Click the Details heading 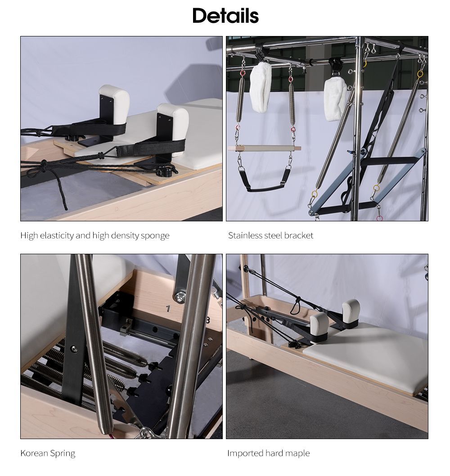[225, 16]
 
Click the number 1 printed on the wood [168, 309]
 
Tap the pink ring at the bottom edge [380, 218]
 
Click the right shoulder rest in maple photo [351, 310]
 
